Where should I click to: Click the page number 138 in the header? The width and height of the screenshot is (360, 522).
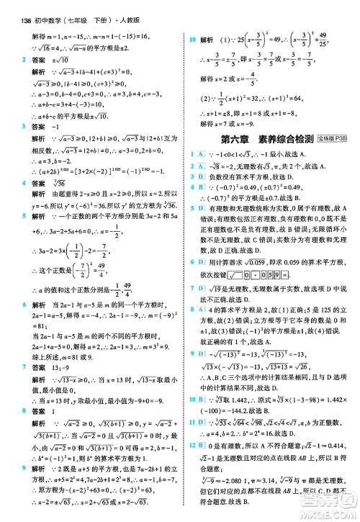(x=16, y=6)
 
